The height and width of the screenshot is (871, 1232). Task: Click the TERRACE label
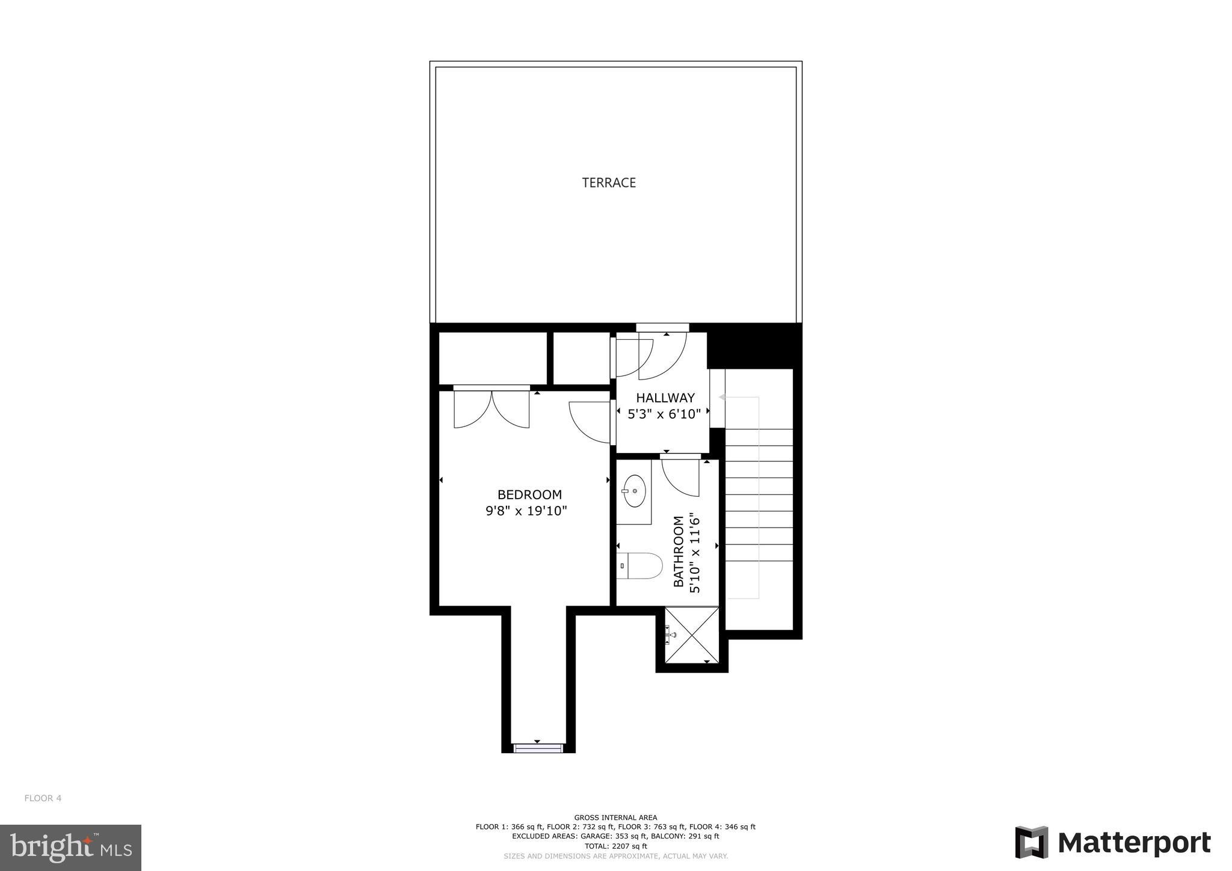click(x=609, y=183)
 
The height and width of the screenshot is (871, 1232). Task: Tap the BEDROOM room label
click(x=529, y=494)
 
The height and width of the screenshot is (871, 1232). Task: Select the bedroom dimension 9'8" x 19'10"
click(x=526, y=511)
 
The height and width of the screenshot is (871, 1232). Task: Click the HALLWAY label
click(x=665, y=398)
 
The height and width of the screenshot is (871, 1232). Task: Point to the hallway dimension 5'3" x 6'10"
click(x=664, y=414)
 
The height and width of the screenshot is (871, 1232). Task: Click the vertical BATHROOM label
click(x=679, y=551)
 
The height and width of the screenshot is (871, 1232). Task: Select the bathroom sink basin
click(x=634, y=491)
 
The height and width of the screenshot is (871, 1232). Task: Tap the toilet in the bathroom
click(x=640, y=566)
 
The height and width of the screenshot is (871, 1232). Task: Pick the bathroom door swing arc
click(x=681, y=478)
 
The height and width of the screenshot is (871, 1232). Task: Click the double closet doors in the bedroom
click(x=491, y=409)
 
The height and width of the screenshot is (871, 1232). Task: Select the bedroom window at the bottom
click(x=538, y=748)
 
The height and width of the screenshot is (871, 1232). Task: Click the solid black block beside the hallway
click(x=754, y=346)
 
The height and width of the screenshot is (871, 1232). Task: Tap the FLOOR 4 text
click(x=43, y=798)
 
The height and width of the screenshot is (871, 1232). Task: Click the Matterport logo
click(x=1113, y=843)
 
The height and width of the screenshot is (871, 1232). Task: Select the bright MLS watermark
click(x=70, y=848)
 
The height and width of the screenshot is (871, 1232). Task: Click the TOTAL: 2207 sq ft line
click(x=615, y=846)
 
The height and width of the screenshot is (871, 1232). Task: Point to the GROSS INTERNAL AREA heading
click(x=615, y=817)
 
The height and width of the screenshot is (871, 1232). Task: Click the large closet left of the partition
click(x=492, y=358)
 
